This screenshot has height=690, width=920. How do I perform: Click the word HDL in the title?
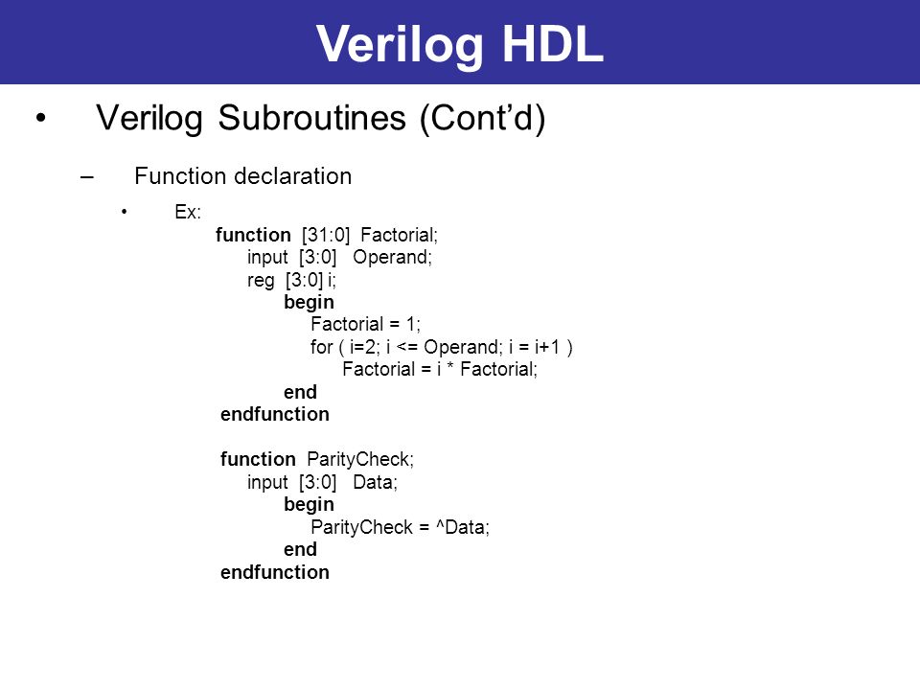click(x=553, y=43)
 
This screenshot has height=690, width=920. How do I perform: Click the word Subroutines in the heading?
click(x=311, y=117)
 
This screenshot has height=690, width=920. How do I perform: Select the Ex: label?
click(x=188, y=211)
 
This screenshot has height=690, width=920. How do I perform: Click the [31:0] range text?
click(x=326, y=235)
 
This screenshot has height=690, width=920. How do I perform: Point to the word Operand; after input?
click(x=392, y=258)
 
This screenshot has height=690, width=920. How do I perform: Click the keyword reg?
click(x=261, y=281)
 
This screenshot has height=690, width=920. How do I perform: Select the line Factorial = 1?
click(x=365, y=324)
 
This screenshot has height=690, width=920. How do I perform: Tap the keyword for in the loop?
click(x=322, y=346)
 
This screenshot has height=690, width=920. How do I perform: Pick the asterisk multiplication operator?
click(x=450, y=367)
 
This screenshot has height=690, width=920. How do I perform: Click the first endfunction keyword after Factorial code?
click(x=275, y=414)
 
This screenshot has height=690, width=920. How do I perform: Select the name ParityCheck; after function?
click(x=360, y=459)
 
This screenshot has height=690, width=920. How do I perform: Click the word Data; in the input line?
click(x=375, y=482)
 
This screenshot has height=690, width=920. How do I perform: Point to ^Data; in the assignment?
click(x=462, y=527)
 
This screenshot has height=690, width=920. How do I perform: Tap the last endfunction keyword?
click(x=275, y=572)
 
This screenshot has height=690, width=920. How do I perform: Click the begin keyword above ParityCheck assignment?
click(x=309, y=505)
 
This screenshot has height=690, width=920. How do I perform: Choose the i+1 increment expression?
click(x=547, y=347)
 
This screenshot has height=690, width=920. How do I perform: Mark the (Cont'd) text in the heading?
click(x=482, y=118)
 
